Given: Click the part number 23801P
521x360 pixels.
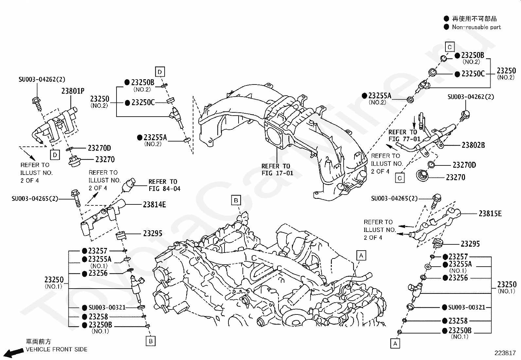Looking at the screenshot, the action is tap(73, 91).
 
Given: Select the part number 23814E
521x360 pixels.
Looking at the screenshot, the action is tap(154, 205).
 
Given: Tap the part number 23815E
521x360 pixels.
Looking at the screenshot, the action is tap(490, 214).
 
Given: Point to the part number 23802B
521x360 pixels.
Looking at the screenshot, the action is tap(473, 145).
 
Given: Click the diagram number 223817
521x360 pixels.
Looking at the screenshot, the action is tap(505, 353).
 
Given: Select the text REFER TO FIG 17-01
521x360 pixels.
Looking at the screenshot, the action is tap(277, 170).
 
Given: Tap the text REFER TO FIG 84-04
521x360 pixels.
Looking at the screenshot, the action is tap(164, 185).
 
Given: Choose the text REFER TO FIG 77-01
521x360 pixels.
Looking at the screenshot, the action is tap(404, 136).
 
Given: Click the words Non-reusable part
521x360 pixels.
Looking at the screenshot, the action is tap(476, 27).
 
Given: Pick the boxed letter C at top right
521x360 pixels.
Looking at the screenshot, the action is tap(450, 47).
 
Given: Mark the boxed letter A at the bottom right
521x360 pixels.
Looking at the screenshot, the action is tap(395, 344).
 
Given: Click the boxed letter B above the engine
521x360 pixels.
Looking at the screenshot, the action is tap(236, 200).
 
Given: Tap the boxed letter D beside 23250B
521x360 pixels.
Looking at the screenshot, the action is tap(160, 72).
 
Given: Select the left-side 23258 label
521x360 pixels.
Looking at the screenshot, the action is tap(99, 317).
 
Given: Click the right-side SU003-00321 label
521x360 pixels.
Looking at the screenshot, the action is tap(467, 307).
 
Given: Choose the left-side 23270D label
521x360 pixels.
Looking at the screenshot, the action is tap(99, 148).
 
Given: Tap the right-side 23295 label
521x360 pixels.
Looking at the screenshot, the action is tap(470, 244).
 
